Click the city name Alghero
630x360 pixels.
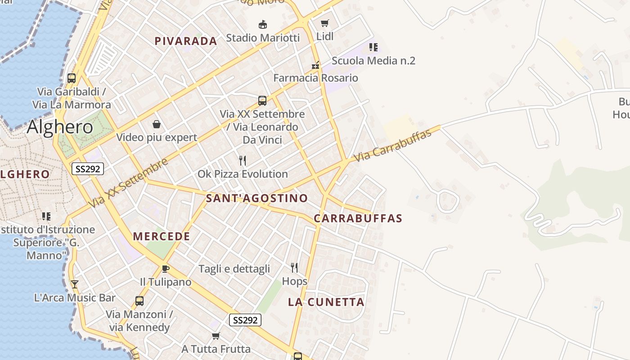60,127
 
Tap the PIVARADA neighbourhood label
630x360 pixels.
186,41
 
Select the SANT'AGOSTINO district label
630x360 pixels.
257,198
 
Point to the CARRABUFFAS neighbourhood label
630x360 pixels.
358,218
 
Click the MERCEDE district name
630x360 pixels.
162,236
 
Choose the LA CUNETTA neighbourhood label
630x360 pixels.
326,302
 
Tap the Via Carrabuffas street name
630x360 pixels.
393,144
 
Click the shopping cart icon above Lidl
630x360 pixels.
325,23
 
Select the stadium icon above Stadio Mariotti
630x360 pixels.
263,24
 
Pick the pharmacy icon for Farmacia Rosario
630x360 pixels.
315,65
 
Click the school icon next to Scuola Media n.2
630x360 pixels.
373,47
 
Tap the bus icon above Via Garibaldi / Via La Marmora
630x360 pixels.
72,78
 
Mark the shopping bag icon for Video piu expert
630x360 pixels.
157,124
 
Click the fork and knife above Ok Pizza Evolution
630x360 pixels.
243,161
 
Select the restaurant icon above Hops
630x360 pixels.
294,268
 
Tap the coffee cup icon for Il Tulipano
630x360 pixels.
165,269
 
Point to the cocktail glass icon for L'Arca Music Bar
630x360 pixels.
75,284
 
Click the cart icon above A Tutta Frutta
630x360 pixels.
216,336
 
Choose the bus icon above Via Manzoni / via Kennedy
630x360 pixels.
139,301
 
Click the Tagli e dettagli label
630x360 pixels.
234,269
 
